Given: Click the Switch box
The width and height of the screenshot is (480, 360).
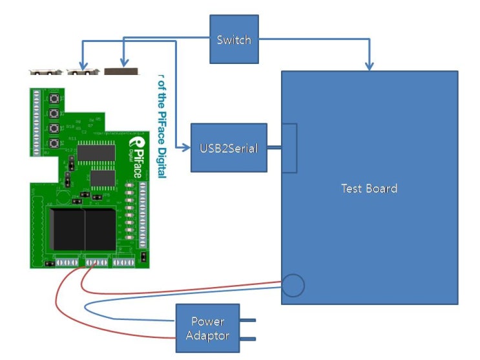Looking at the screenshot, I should (x=234, y=40).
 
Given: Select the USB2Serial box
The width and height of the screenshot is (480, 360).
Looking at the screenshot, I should (x=229, y=148).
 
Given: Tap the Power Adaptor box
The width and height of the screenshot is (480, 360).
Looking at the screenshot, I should (x=207, y=329).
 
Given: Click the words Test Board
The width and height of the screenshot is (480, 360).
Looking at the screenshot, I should (x=369, y=189).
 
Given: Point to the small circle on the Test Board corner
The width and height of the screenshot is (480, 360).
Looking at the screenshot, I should (x=293, y=285).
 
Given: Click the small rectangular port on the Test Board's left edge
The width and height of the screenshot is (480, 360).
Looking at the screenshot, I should (x=289, y=148).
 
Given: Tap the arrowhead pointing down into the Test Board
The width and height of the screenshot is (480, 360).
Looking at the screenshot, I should (x=370, y=65).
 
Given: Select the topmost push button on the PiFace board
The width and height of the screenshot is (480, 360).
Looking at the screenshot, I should (x=57, y=99).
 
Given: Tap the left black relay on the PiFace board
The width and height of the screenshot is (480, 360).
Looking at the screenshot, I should (x=67, y=229).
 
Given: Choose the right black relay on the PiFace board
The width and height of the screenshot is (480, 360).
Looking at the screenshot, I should (x=99, y=229).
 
